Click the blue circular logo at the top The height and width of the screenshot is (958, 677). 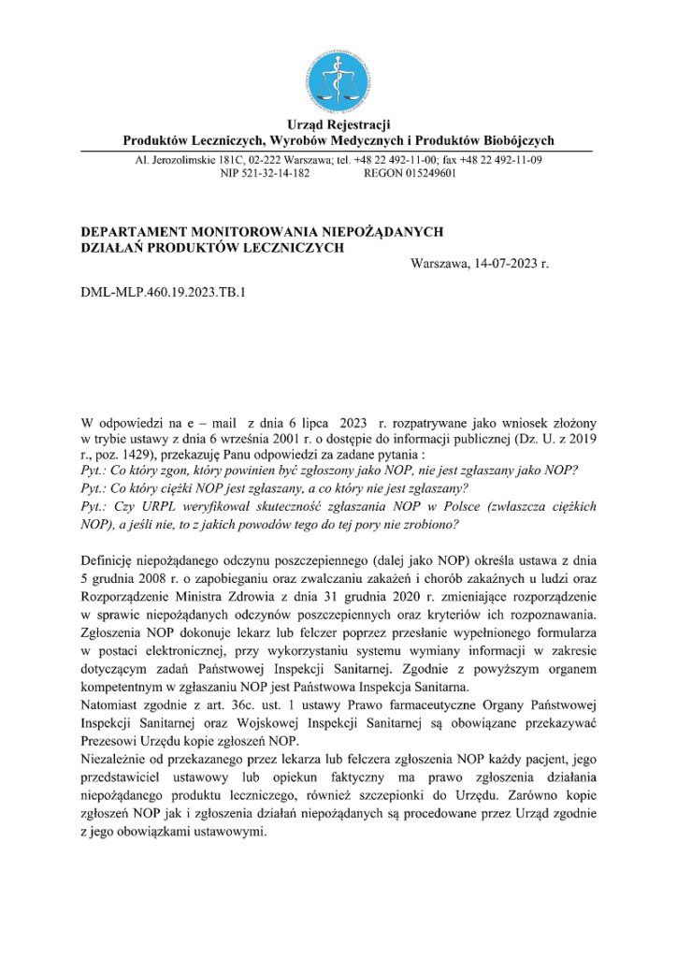(338, 77)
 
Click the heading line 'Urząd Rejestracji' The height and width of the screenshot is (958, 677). (338, 123)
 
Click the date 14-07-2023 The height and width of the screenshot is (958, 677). (508, 265)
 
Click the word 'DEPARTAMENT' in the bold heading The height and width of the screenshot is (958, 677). (134, 231)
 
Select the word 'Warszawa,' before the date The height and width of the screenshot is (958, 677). (442, 265)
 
